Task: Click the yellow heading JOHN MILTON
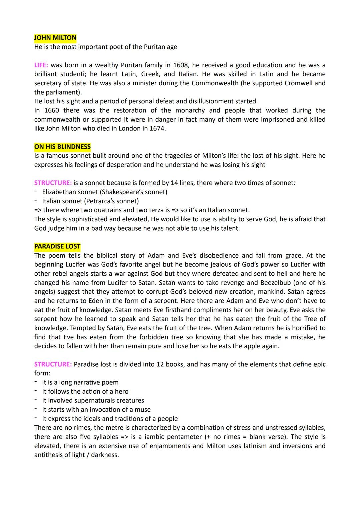click(55, 38)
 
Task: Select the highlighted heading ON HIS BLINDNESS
click(62, 147)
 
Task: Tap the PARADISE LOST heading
click(57, 246)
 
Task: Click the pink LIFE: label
click(41, 65)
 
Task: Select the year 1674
click(157, 128)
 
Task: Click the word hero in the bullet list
click(121, 391)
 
